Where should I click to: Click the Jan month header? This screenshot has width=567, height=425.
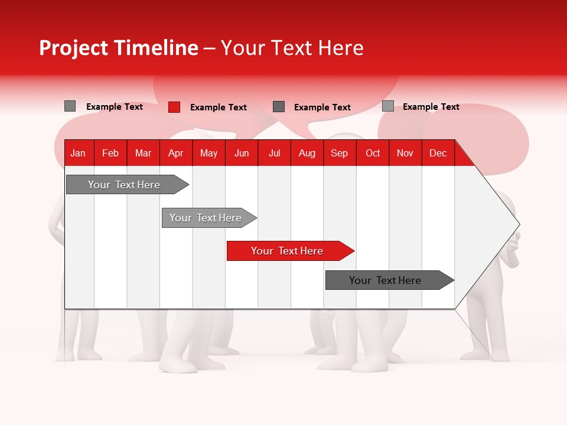(78, 153)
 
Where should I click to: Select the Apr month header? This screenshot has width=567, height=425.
(175, 153)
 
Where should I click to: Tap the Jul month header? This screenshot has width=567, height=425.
(274, 153)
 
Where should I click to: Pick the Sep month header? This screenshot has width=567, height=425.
(339, 153)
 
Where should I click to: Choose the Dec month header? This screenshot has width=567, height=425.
(438, 153)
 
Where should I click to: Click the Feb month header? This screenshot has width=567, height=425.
(110, 153)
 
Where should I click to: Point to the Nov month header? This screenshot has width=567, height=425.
(405, 153)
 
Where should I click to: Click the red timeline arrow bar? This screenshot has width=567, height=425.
(289, 251)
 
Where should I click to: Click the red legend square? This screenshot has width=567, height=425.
(174, 107)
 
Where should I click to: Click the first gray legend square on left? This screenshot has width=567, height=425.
(70, 106)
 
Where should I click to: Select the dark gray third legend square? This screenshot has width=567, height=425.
(279, 106)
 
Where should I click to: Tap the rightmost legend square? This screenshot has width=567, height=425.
(387, 106)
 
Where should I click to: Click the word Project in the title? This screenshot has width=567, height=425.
(74, 48)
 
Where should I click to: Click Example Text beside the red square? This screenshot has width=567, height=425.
(218, 107)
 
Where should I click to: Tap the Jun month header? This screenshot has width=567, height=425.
(242, 153)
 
